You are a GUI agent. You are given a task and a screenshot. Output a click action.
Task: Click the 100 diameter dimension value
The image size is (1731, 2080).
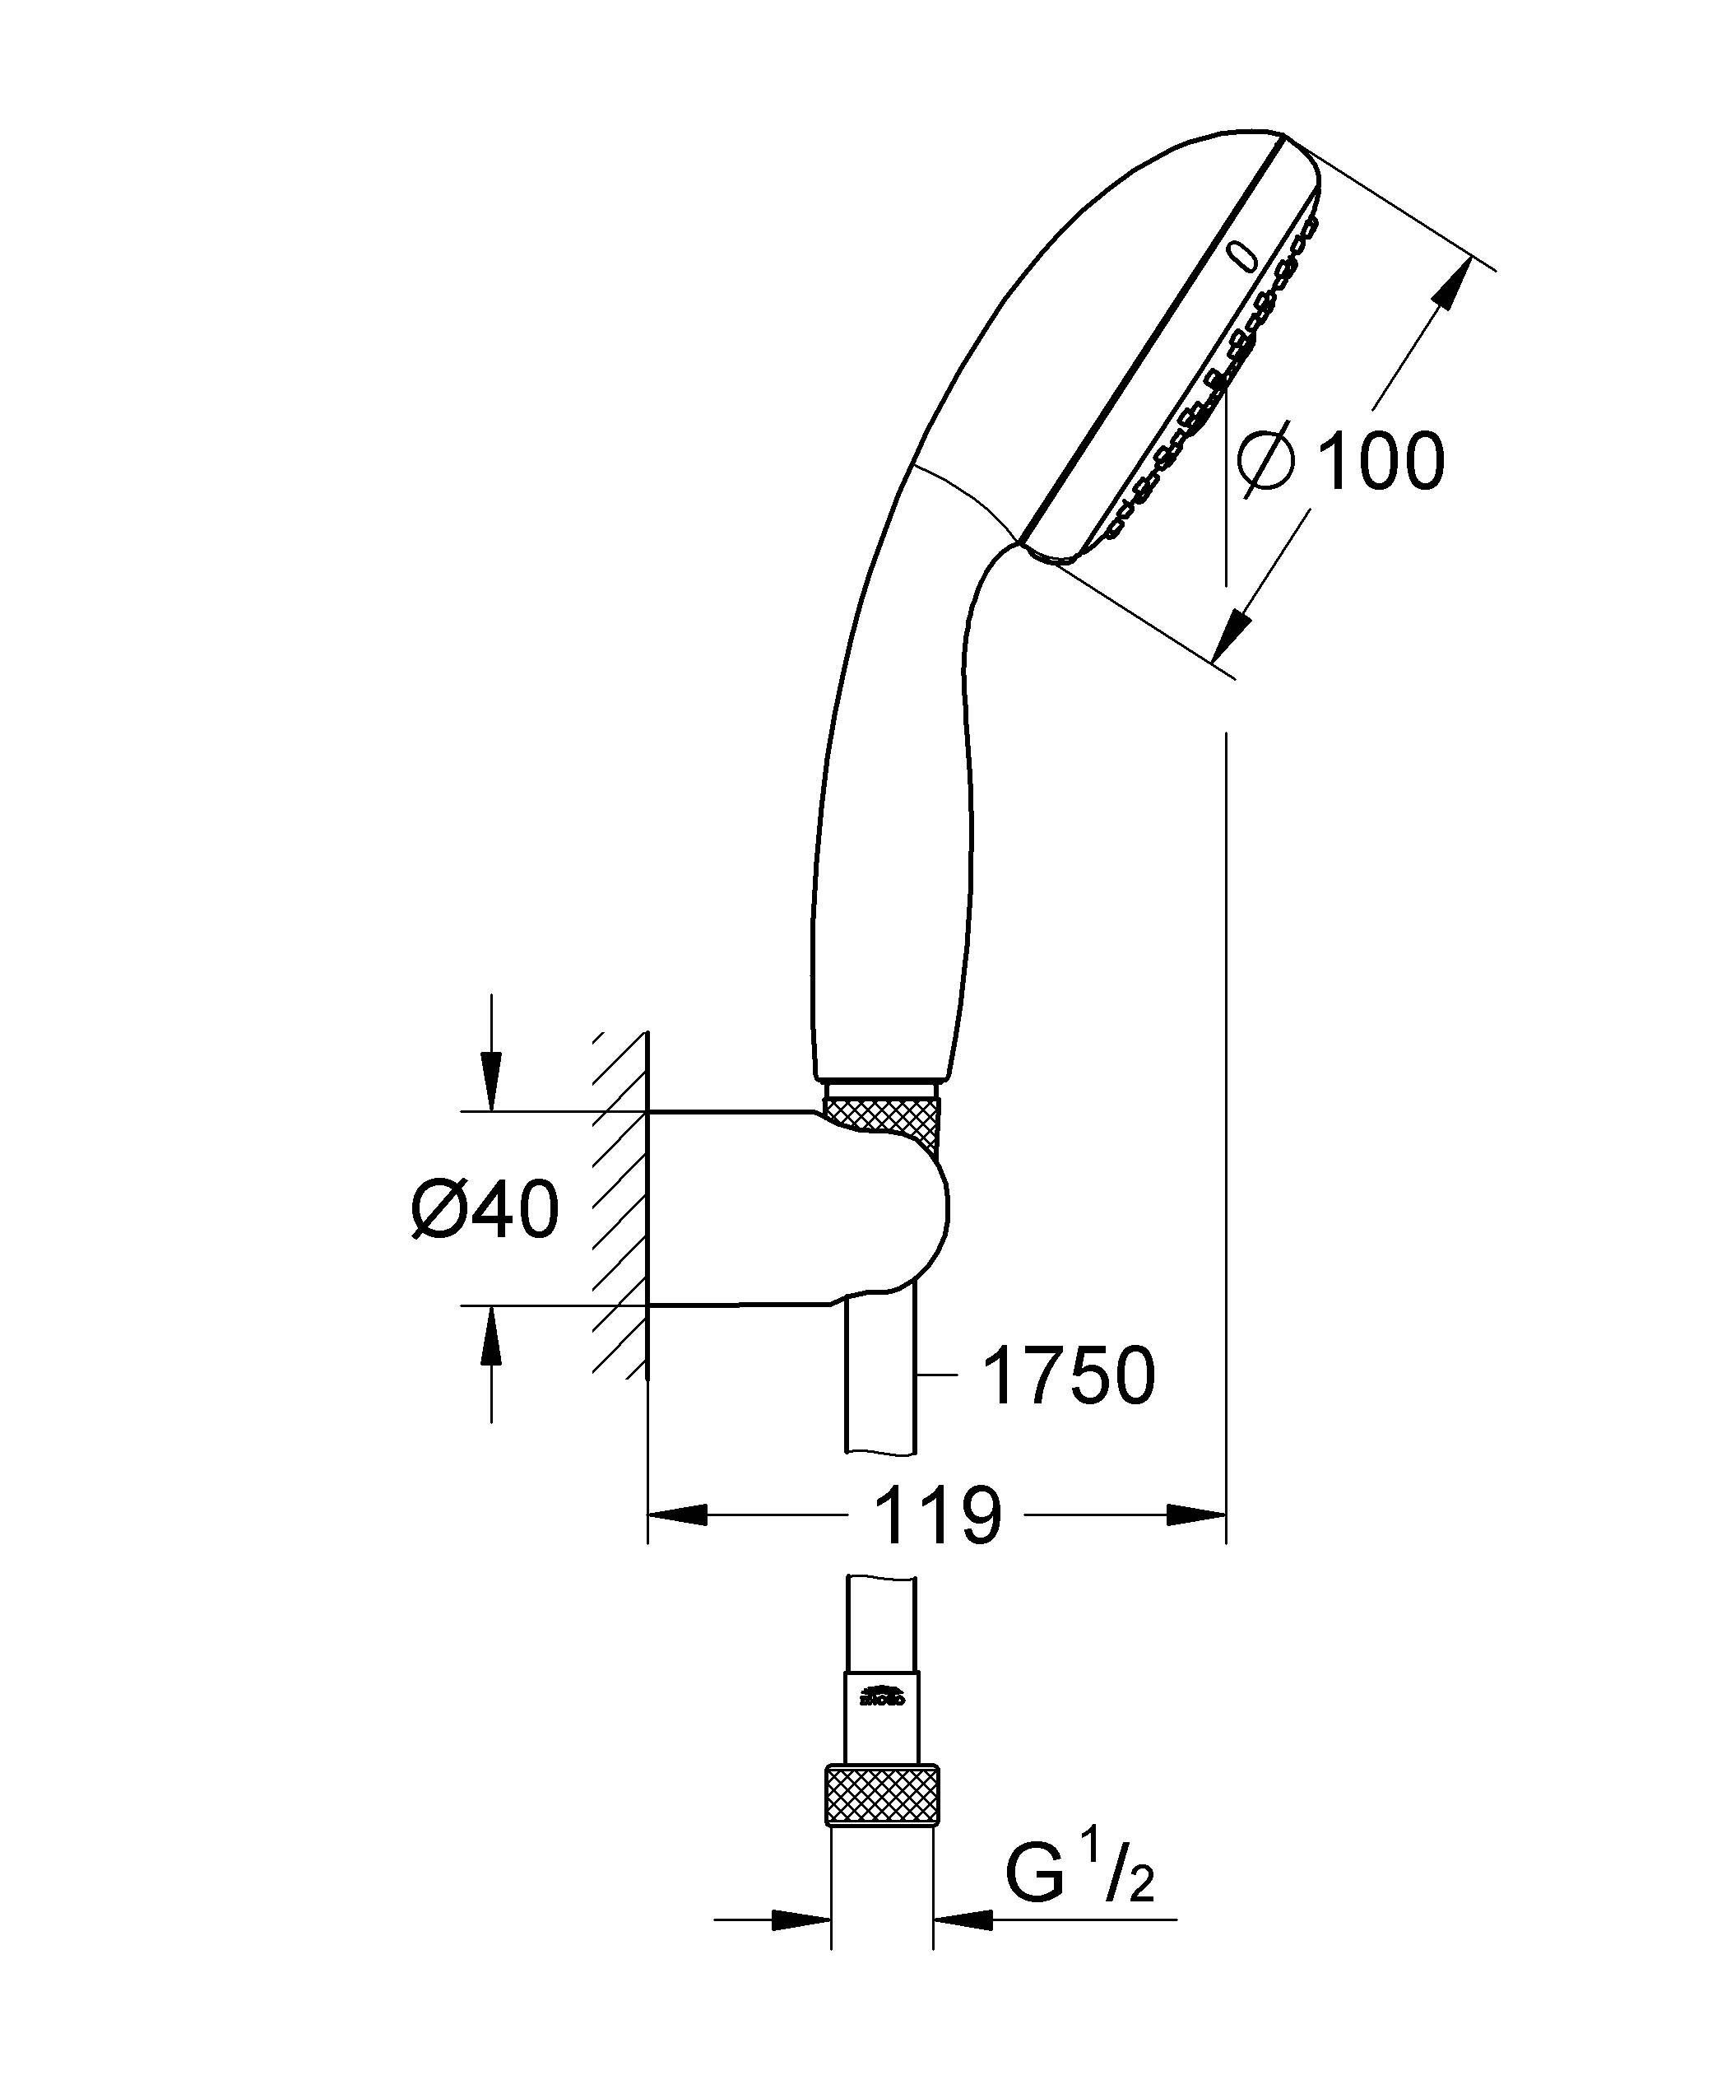1382,462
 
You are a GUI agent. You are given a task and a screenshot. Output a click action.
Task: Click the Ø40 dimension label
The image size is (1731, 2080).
485,1210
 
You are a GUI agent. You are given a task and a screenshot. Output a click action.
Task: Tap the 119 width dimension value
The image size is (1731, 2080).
938,1515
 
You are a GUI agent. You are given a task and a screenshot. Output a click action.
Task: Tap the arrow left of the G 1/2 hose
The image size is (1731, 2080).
798,1920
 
